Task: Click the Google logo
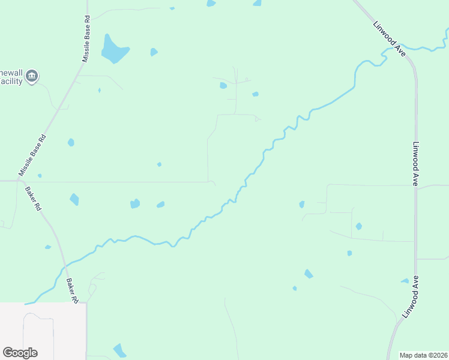coord(20,353)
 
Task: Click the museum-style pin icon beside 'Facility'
coord(32,76)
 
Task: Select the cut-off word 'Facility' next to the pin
coord(11,81)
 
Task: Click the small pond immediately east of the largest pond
coord(154,52)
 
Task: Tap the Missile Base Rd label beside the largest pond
coord(85,40)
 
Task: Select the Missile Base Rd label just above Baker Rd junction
coord(32,155)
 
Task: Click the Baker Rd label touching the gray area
coord(73,290)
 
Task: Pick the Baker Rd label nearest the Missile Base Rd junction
coord(32,199)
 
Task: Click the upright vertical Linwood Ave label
coord(415,164)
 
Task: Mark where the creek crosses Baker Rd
coord(65,264)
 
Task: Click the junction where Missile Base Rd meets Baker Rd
coord(19,179)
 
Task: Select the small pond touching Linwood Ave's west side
coord(405,281)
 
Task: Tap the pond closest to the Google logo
coord(120,350)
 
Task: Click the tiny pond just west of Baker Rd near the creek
coord(47,247)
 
